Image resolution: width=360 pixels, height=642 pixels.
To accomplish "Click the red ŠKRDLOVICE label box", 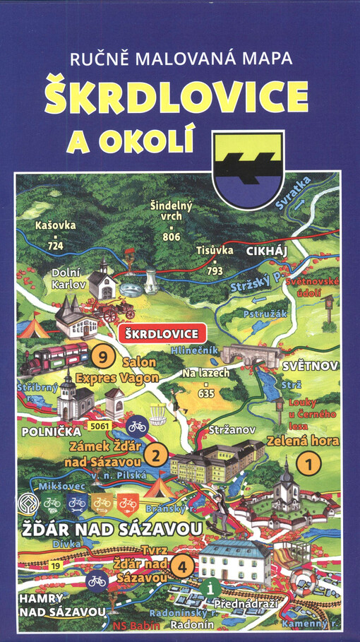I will click(162, 332).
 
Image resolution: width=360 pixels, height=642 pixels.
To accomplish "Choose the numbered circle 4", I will click(182, 565).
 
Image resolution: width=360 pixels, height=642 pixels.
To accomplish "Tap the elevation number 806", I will click(172, 237).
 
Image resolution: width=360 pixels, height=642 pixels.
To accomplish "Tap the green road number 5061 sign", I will click(102, 427).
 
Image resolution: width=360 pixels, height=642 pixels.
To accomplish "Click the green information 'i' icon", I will click(207, 586).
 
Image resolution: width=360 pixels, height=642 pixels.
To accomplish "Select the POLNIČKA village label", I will click(44, 429).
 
